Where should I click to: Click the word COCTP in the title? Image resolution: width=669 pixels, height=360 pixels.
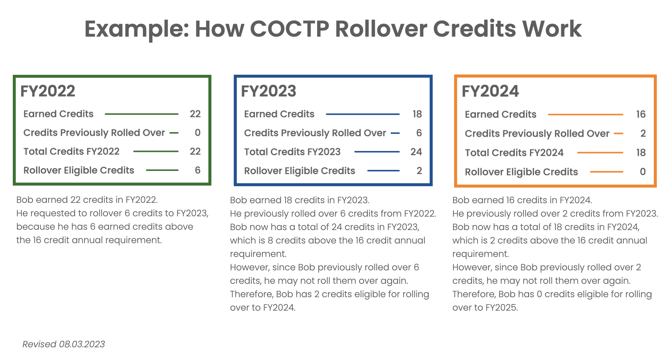(x=290, y=29)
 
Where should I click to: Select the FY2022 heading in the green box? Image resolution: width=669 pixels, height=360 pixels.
(x=48, y=91)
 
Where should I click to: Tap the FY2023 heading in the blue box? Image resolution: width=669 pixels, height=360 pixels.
(x=269, y=91)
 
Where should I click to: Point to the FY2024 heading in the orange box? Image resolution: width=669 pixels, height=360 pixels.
(x=490, y=91)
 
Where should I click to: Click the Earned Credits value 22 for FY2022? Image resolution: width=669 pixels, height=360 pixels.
(x=195, y=114)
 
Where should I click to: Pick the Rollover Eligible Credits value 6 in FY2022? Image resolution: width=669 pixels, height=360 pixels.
(x=198, y=170)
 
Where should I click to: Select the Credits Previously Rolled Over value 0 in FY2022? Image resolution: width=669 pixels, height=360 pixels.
(x=198, y=133)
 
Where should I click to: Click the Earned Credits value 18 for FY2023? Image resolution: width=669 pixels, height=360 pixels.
(x=417, y=114)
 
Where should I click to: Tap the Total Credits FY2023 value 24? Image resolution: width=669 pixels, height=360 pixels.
(x=416, y=152)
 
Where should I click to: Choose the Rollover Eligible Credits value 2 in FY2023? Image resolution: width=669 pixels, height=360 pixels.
(x=419, y=171)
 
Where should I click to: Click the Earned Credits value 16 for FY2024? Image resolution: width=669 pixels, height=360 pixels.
(x=641, y=114)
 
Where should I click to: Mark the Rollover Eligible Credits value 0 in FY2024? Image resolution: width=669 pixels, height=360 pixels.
(x=643, y=172)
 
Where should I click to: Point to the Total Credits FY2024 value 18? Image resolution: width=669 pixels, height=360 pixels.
(x=641, y=153)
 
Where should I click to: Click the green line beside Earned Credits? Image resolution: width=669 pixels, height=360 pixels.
(x=141, y=114)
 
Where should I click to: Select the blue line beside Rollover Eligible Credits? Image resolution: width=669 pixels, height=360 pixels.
(x=383, y=171)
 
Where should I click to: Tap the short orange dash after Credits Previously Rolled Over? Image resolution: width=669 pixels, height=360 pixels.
(x=619, y=134)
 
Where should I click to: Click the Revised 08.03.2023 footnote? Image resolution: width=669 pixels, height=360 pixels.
(x=64, y=344)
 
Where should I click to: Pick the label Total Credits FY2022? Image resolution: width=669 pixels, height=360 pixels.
(x=71, y=151)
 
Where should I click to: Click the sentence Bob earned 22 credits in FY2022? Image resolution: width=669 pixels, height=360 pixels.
(x=87, y=200)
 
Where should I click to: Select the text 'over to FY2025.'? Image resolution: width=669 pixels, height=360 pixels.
(x=485, y=307)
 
